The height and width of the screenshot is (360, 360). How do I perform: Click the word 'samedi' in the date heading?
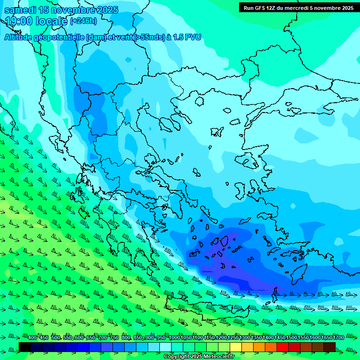coord(19,10)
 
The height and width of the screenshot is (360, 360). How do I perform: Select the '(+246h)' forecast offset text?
coord(83,21)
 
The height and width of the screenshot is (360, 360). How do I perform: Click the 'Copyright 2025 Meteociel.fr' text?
coord(199,357)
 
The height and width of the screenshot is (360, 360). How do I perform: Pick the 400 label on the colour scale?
coord(32,337)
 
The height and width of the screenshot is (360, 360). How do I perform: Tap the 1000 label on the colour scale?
coord(174,337)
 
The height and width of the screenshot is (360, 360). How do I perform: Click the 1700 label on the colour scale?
coord(338,337)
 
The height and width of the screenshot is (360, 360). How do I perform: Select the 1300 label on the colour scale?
coord(245,337)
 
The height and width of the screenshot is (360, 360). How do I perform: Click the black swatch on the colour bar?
coord(25,347)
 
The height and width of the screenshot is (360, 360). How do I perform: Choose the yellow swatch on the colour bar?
coord(236,347)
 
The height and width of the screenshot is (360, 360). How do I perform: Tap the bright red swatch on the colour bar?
coord(283,347)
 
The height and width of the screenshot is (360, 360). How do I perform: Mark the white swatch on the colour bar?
coord(165,347)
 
